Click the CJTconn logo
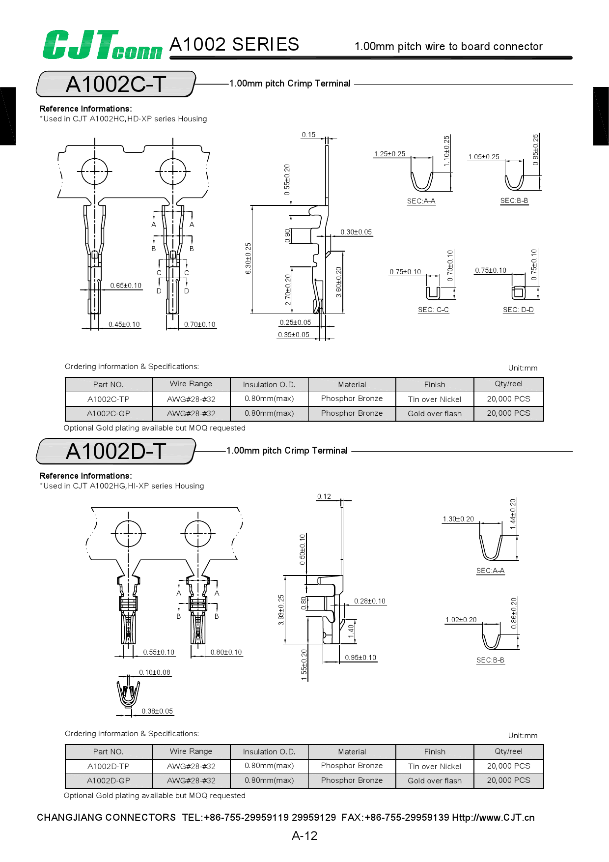102,45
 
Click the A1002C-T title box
116,84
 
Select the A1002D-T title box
116,451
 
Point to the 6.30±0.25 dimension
248,259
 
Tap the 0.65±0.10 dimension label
126,286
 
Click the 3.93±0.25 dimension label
281,610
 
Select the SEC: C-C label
433,310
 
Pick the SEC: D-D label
518,310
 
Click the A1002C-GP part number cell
109,414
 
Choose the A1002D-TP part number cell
109,766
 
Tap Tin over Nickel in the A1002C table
435,399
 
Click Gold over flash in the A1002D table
435,780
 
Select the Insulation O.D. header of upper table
269,384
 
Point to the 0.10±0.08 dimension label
155,672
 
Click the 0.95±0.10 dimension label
360,658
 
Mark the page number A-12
304,835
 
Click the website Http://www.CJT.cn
493,817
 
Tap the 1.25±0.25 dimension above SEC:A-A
389,154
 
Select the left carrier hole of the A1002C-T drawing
94,172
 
